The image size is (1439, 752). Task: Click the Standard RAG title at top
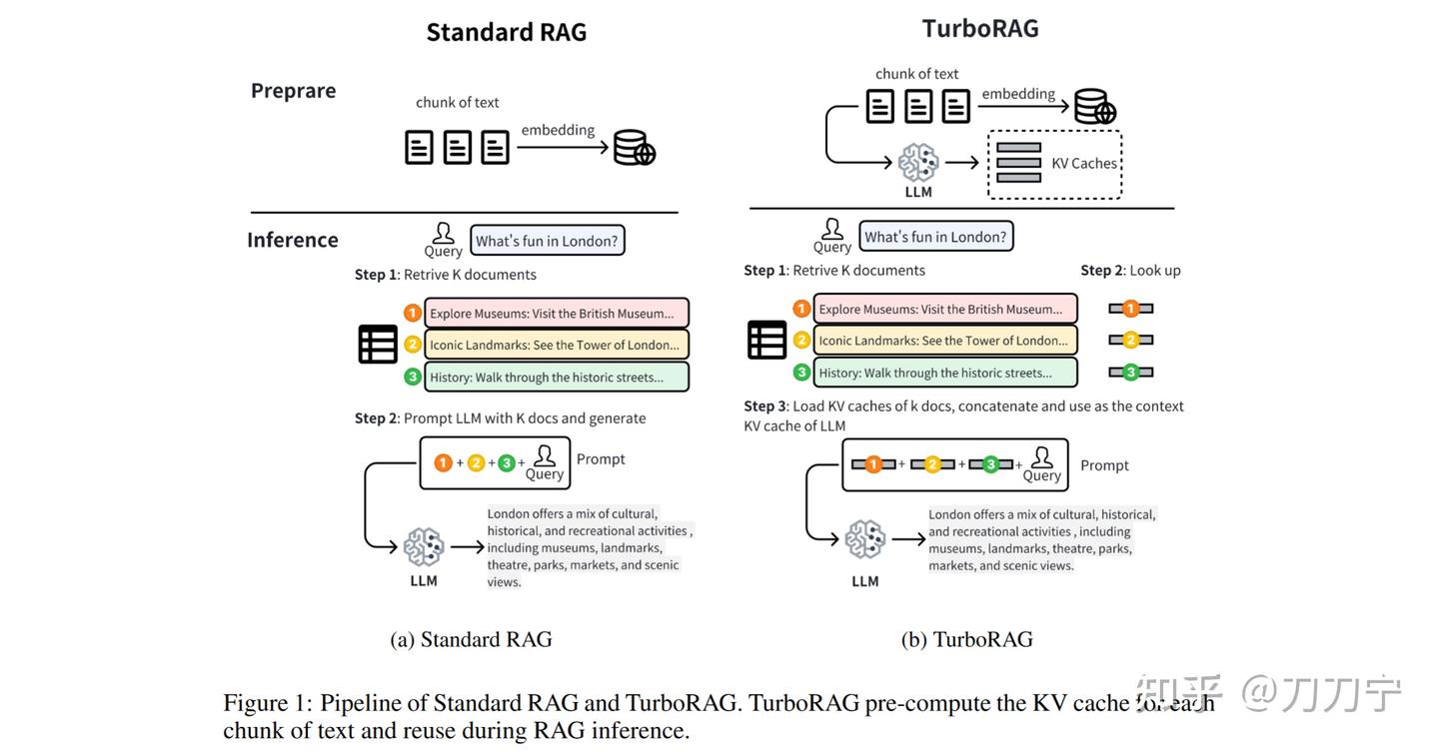click(x=506, y=32)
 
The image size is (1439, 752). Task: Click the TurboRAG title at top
click(x=979, y=28)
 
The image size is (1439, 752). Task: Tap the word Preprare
click(x=293, y=91)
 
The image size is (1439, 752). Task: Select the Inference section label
click(x=292, y=240)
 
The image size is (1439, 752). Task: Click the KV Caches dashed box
click(x=1054, y=164)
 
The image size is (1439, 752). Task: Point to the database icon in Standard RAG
click(x=634, y=148)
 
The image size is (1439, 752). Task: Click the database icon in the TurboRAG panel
click(x=1094, y=107)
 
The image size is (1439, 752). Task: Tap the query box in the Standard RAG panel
click(x=547, y=241)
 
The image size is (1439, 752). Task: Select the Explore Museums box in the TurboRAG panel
click(x=944, y=310)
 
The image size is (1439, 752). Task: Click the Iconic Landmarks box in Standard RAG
click(x=556, y=345)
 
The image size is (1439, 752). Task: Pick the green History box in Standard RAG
click(x=556, y=377)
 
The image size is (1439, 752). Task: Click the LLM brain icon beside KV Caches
click(x=918, y=162)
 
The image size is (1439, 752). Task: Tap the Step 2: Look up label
click(x=1130, y=271)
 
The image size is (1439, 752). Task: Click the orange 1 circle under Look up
click(x=1130, y=309)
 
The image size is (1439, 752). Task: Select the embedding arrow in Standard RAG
click(x=563, y=148)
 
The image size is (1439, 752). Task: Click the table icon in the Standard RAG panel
click(x=378, y=345)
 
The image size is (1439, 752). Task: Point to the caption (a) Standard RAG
click(x=471, y=639)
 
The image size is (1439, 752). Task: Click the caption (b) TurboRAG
click(x=966, y=639)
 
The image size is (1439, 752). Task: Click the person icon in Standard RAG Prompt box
click(x=545, y=456)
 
